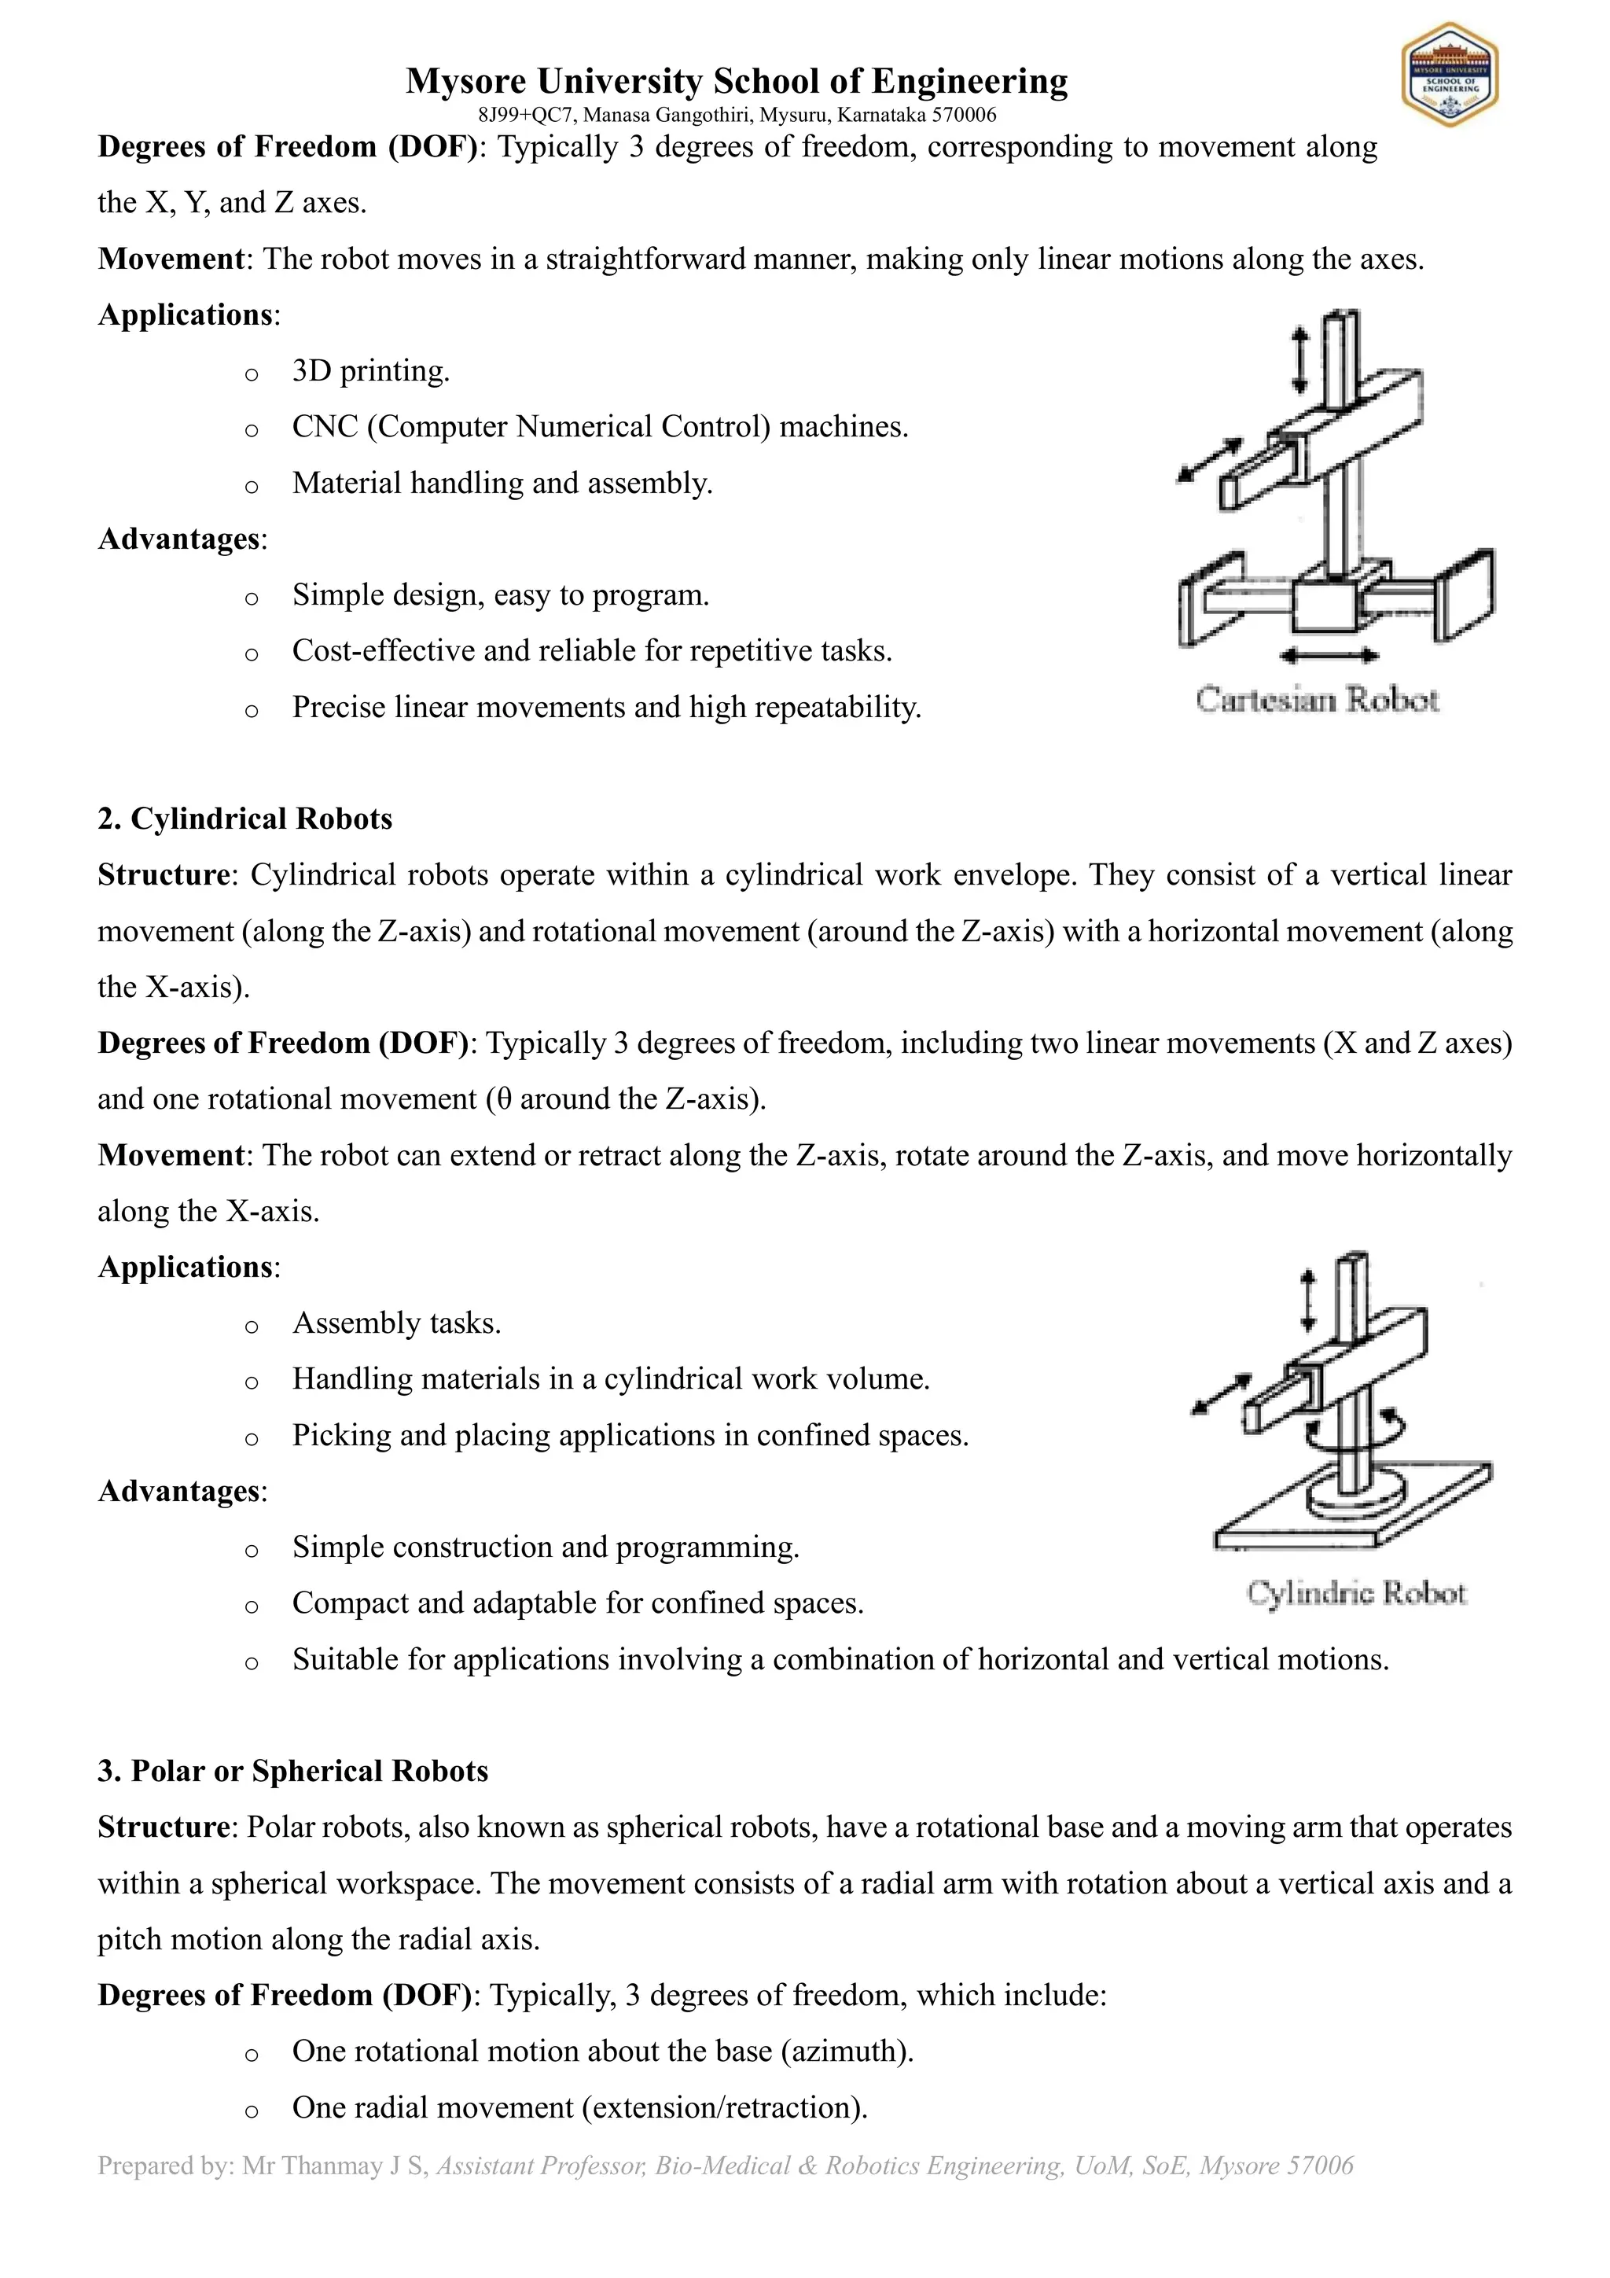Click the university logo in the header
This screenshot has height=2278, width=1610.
[x=1450, y=75]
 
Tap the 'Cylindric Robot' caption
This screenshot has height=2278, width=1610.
[x=1355, y=1592]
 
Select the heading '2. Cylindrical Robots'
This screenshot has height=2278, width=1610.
[x=245, y=819]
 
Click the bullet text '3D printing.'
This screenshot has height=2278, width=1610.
[x=371, y=371]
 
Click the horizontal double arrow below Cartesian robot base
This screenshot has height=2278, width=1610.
[x=1329, y=655]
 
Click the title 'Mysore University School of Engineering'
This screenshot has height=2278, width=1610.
[x=736, y=80]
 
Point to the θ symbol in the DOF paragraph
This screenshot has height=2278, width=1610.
[x=503, y=1099]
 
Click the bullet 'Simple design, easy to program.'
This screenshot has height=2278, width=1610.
[x=500, y=595]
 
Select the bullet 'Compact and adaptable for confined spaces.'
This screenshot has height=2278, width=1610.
[x=577, y=1603]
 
